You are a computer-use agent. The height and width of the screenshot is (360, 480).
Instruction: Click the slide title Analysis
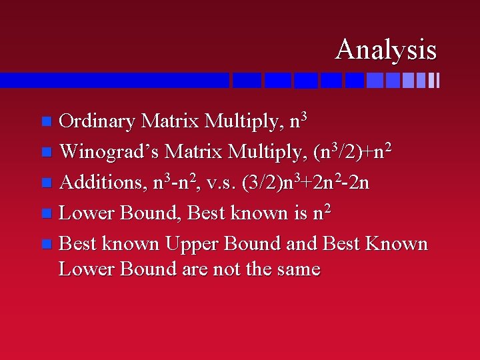click(x=386, y=49)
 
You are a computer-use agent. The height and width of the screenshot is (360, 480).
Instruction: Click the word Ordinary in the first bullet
click(x=97, y=121)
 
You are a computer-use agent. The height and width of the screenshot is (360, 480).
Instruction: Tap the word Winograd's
click(x=109, y=152)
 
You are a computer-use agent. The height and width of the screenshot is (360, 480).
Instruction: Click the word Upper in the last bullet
click(x=195, y=243)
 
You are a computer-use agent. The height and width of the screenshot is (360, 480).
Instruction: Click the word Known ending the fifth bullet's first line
click(x=398, y=243)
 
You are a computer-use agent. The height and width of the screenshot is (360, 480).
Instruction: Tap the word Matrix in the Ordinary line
click(x=171, y=121)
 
